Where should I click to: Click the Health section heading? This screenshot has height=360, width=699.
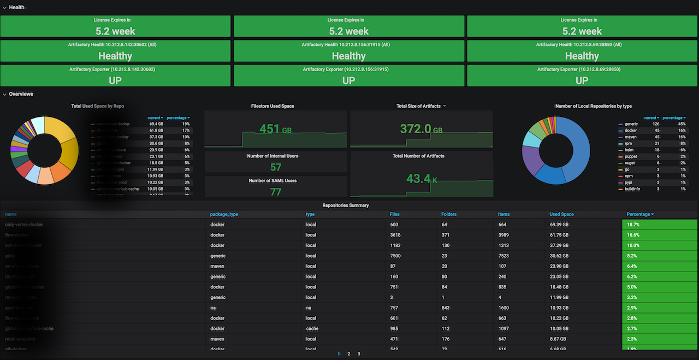[x=16, y=8]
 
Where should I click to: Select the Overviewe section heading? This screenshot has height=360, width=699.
[x=21, y=94]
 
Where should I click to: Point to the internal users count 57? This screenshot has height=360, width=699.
[x=276, y=167]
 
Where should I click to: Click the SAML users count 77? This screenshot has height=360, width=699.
[x=276, y=191]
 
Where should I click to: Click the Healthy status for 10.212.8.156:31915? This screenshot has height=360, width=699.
[x=348, y=56]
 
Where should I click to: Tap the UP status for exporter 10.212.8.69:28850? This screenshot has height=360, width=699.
[x=582, y=80]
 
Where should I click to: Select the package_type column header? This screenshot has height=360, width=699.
[x=224, y=214]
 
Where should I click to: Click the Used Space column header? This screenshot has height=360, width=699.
[x=561, y=214]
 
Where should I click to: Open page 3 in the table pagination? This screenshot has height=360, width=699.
[x=359, y=354]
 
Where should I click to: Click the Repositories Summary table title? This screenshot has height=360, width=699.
[x=345, y=205]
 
